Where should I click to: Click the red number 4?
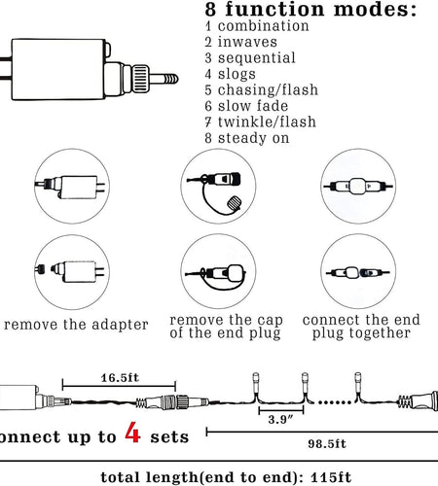pos(132,433)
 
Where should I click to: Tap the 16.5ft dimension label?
pos(120,378)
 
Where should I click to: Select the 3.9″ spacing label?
pos(281,420)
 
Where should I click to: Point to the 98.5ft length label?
pos(327,443)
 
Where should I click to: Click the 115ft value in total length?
pos(331,477)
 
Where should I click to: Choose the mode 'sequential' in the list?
pos(257,58)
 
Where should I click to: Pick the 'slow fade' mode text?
pos(253,106)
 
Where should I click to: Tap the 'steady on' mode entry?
pos(253,138)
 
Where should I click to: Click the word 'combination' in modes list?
pos(263,26)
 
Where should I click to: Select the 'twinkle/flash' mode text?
pos(267,121)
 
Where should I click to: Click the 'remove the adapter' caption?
pos(76,325)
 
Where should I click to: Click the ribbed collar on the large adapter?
pos(141,79)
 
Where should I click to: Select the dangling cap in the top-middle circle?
pos(234,204)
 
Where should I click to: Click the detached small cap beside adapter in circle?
pos(40,269)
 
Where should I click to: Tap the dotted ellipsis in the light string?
pos(335,402)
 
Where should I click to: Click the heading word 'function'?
pos(275,9)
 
